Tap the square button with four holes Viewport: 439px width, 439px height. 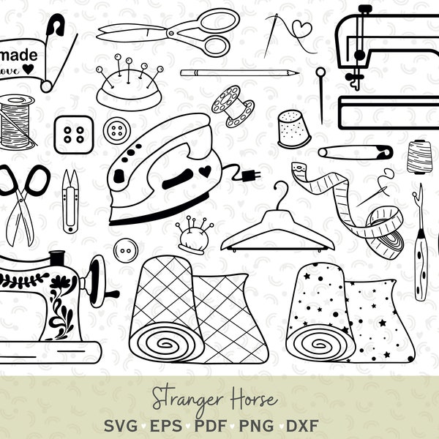[73, 134]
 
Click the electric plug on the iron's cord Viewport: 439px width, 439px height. [248, 176]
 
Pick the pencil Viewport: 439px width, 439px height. [239, 73]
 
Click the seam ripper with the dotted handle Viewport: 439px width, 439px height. [420, 249]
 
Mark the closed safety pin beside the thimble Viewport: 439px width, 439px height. [355, 152]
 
